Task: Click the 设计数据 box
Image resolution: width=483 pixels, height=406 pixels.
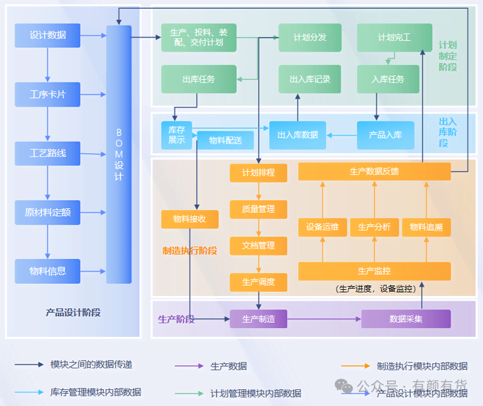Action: [48, 36]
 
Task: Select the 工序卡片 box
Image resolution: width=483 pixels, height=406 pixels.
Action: [48, 95]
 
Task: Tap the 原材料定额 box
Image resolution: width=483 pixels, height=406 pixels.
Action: [48, 213]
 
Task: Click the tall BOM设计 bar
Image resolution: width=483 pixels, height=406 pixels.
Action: [119, 154]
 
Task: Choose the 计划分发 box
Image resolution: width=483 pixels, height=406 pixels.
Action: [310, 38]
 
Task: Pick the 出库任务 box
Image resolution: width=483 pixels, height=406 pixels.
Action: [199, 79]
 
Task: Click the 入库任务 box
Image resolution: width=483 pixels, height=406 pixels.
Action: [388, 79]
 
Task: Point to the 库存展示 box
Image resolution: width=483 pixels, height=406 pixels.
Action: [176, 135]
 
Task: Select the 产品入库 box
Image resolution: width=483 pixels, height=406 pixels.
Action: [385, 135]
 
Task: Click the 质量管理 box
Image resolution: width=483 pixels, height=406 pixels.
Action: [258, 209]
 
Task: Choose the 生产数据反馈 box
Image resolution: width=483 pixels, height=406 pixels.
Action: [374, 172]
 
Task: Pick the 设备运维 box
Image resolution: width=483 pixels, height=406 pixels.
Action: [322, 227]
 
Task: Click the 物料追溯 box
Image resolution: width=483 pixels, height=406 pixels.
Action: [426, 227]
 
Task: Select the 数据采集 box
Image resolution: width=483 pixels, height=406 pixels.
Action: [406, 319]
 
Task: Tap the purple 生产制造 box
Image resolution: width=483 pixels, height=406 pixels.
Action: [258, 319]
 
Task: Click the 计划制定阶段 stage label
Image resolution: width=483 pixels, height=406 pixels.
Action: [447, 56]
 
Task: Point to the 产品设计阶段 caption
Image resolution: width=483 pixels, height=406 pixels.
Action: [73, 313]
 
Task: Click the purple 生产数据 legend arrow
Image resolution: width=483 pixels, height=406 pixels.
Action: [189, 366]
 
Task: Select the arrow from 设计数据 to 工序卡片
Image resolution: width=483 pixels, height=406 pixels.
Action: [48, 65]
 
